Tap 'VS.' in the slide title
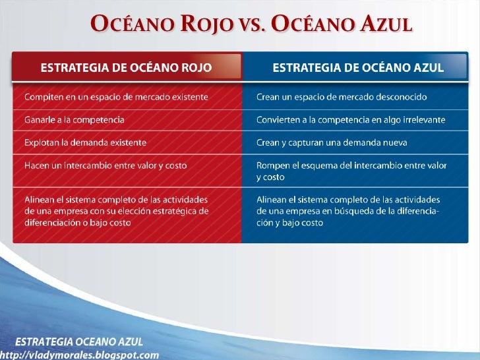coord(256,26)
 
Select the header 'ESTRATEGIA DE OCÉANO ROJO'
coord(127,67)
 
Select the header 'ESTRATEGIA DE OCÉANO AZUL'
coord(358,67)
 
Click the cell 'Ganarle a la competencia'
coord(74,120)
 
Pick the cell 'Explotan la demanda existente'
coord(85,142)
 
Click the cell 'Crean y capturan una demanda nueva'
coord(332,142)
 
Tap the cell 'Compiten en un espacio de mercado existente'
coord(116,97)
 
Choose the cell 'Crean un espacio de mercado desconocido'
coord(341,97)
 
